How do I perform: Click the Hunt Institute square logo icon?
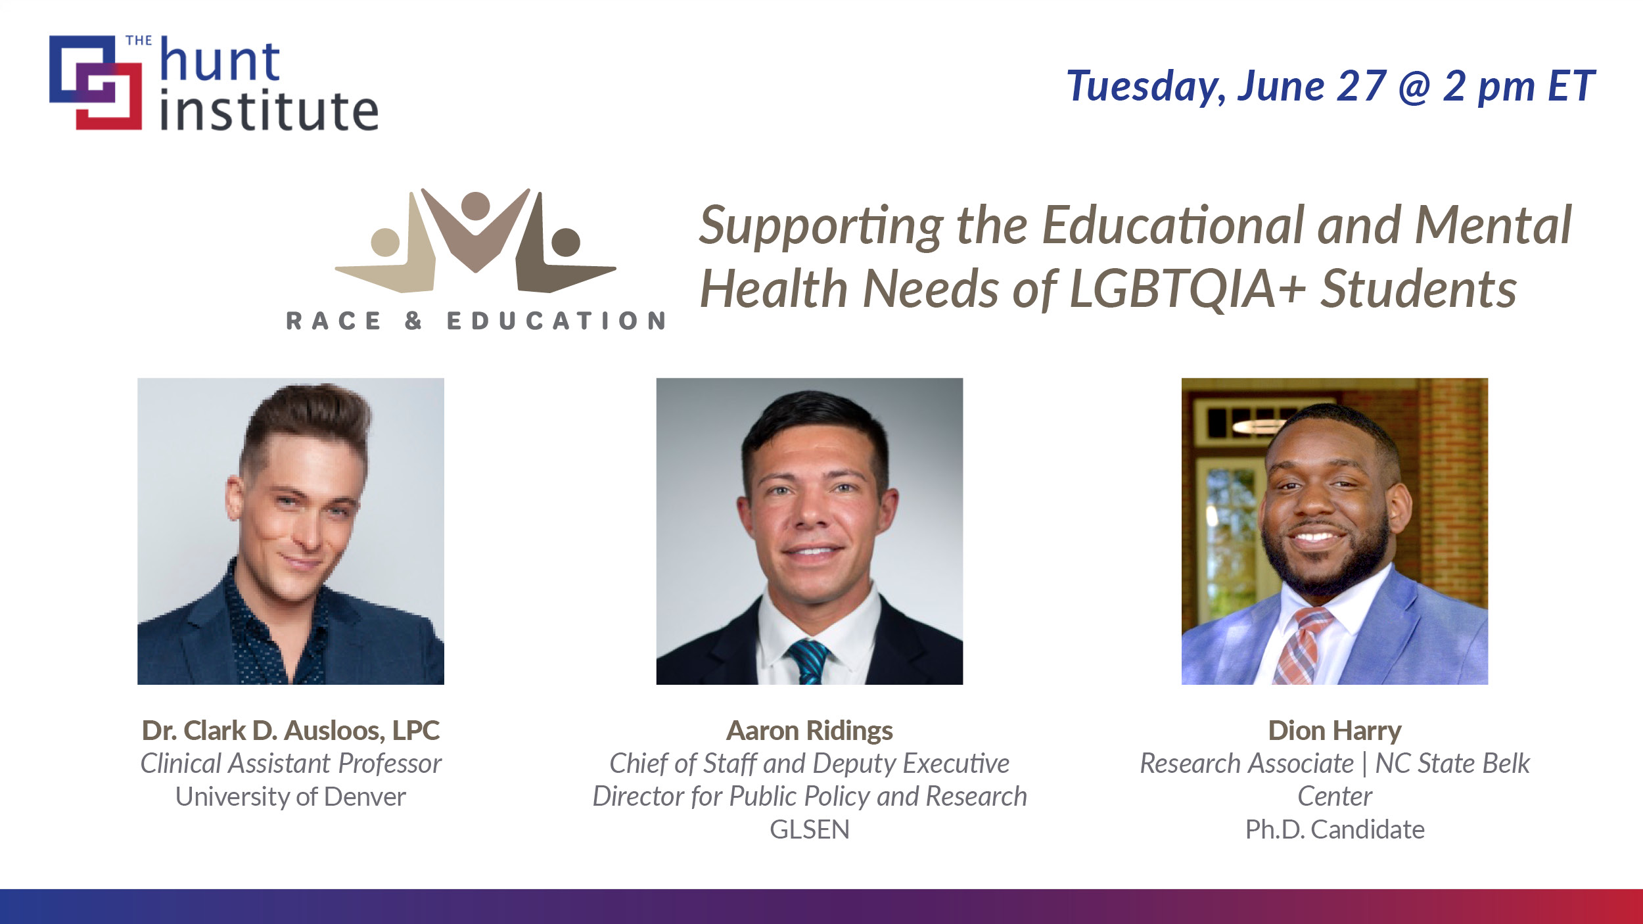coord(95,82)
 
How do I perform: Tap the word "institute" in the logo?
coord(269,110)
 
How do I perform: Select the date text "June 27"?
coord(1312,86)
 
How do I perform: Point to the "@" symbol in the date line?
coord(1415,88)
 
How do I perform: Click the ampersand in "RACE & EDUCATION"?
coord(413,321)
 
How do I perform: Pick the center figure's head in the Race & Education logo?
coord(476,205)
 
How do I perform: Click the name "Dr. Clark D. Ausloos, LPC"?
coord(290,730)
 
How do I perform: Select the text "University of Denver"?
coord(290,797)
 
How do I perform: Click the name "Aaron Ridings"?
coord(809,730)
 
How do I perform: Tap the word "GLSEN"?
coord(810,829)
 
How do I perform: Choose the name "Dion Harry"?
coord(1335,730)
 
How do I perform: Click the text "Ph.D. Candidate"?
coord(1335,829)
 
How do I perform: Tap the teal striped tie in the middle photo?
coord(808,661)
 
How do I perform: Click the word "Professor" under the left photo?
coord(390,764)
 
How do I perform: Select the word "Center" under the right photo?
coord(1335,797)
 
